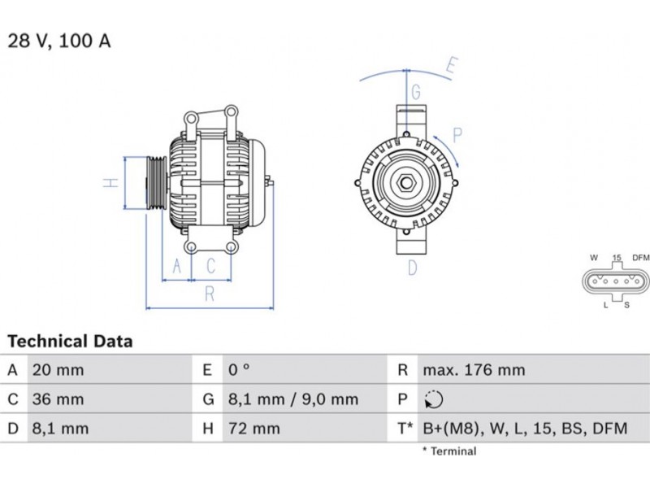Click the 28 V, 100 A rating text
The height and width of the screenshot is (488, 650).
(x=59, y=41)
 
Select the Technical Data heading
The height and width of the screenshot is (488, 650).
(x=70, y=341)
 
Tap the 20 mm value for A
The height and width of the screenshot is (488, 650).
(x=58, y=370)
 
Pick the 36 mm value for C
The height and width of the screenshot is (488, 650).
(x=58, y=399)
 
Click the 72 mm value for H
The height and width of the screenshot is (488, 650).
(x=254, y=429)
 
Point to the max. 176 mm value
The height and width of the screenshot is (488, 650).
(x=474, y=370)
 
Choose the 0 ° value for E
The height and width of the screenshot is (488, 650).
(x=239, y=369)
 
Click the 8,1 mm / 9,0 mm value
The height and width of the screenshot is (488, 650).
(x=293, y=399)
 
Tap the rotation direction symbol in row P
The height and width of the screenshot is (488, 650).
(x=434, y=399)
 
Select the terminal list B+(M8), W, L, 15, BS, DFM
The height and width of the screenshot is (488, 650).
(x=525, y=429)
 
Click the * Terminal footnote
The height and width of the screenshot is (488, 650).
(x=449, y=451)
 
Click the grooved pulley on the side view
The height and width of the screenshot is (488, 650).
(x=156, y=182)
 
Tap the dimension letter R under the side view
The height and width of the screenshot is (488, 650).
(x=210, y=294)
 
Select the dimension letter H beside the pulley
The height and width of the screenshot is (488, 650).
(x=110, y=182)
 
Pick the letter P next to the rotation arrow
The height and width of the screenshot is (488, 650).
(x=457, y=135)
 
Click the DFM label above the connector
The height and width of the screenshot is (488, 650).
(x=640, y=258)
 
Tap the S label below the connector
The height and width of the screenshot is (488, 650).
(x=626, y=305)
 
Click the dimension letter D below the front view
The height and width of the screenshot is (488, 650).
(x=413, y=268)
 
